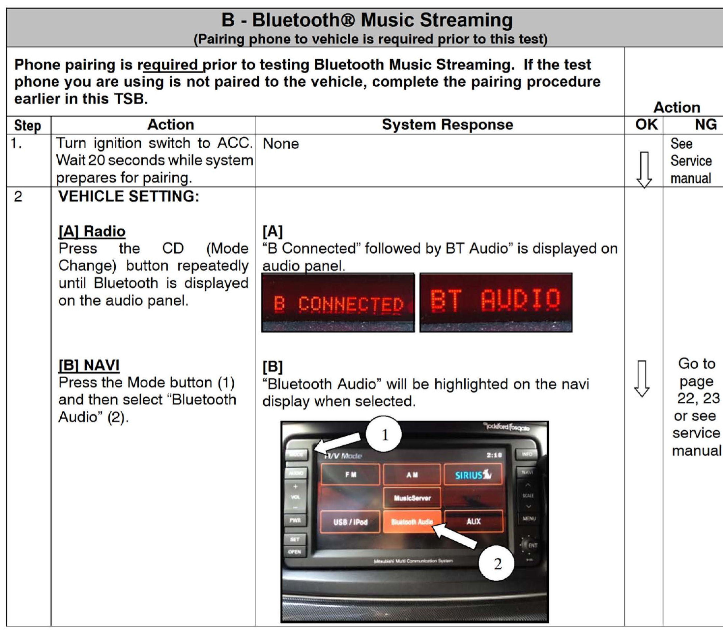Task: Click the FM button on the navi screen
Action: [350, 475]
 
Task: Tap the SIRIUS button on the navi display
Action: [473, 475]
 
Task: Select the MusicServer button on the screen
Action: [412, 498]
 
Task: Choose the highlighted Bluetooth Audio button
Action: [412, 521]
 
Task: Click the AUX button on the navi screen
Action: [473, 521]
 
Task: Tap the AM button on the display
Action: [412, 475]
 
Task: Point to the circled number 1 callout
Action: [384, 434]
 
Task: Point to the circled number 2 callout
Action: [497, 563]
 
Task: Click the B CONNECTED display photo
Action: [338, 303]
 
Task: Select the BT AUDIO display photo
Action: [496, 303]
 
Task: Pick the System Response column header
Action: [447, 125]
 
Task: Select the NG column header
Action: [706, 125]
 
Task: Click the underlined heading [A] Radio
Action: [92, 231]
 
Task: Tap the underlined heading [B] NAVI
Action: [89, 365]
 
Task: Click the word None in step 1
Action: [281, 144]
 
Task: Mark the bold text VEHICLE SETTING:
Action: [129, 196]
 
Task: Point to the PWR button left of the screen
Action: [295, 520]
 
